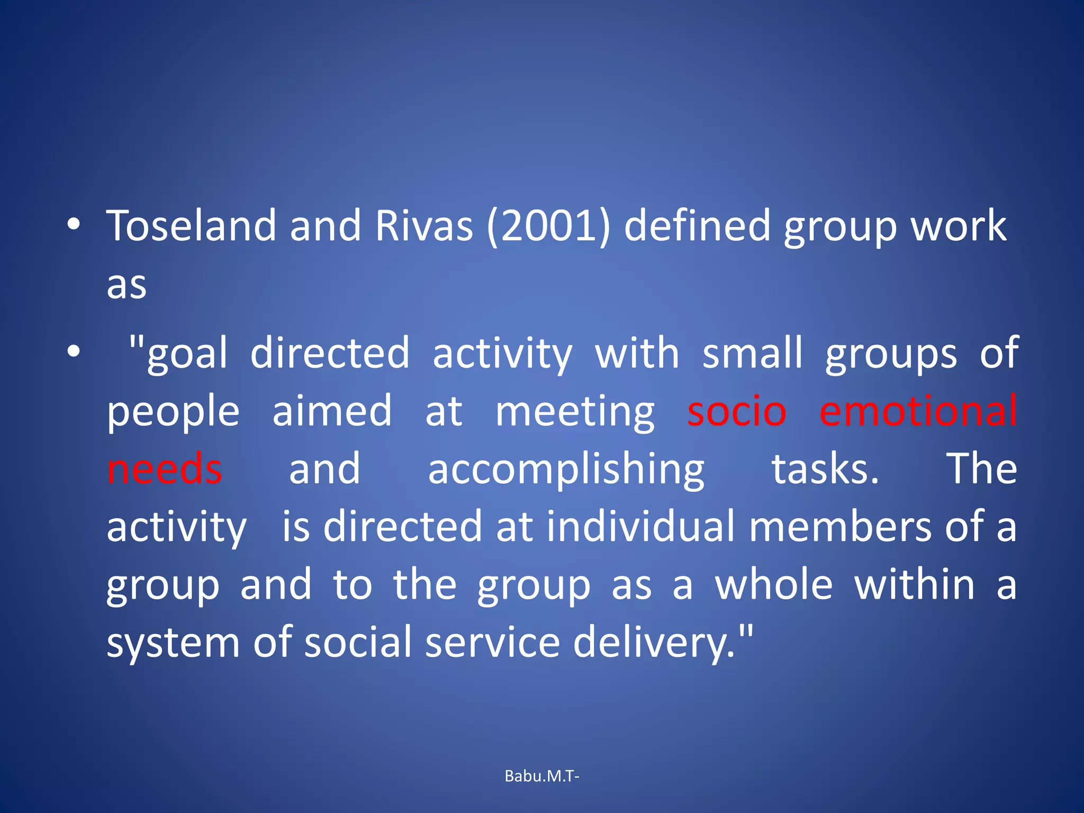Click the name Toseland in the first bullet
[191, 227]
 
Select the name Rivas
[424, 227]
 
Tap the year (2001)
[548, 227]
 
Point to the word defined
[697, 227]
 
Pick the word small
[752, 354]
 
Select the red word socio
[737, 412]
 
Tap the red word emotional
[918, 411]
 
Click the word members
[841, 527]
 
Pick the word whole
[774, 585]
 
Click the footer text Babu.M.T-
[542, 776]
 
